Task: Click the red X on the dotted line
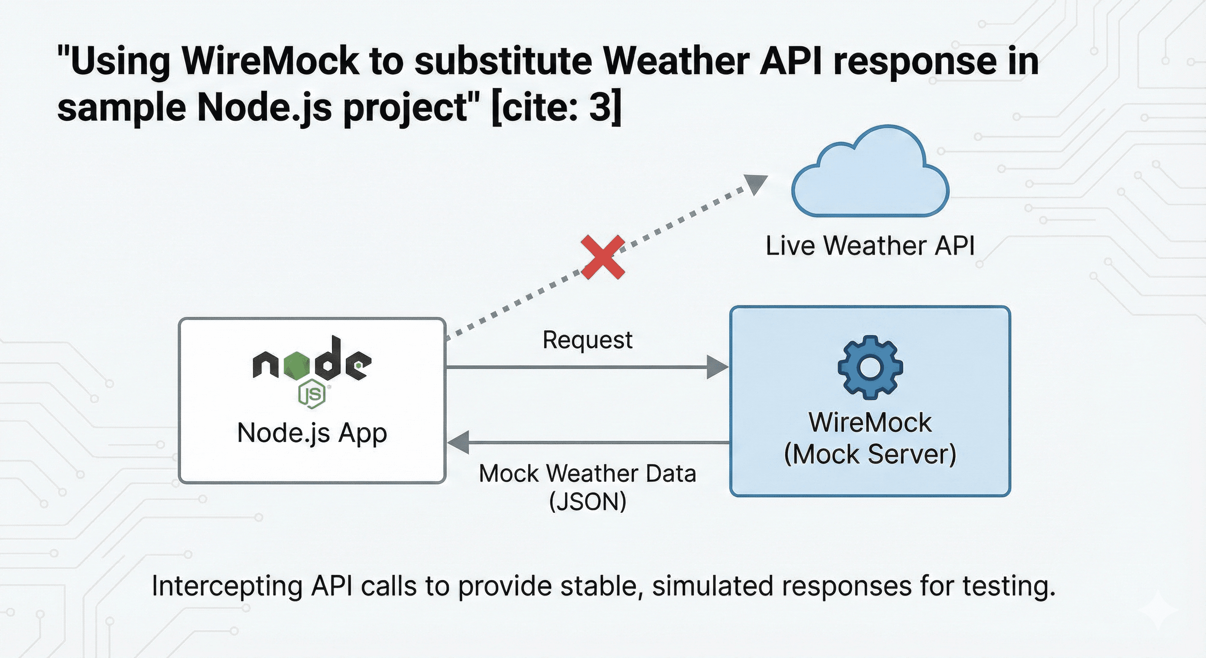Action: [603, 257]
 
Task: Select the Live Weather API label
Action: [870, 245]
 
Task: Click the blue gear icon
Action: [870, 367]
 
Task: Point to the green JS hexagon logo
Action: [312, 394]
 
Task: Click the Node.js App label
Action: [312, 433]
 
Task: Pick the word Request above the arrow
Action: [587, 340]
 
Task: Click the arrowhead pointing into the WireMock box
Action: [716, 367]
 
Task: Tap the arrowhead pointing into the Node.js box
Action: [459, 442]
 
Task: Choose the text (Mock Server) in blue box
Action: [870, 454]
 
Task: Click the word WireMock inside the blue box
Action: [870, 422]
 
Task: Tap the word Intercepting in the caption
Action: [227, 586]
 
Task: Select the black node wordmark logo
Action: [312, 361]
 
